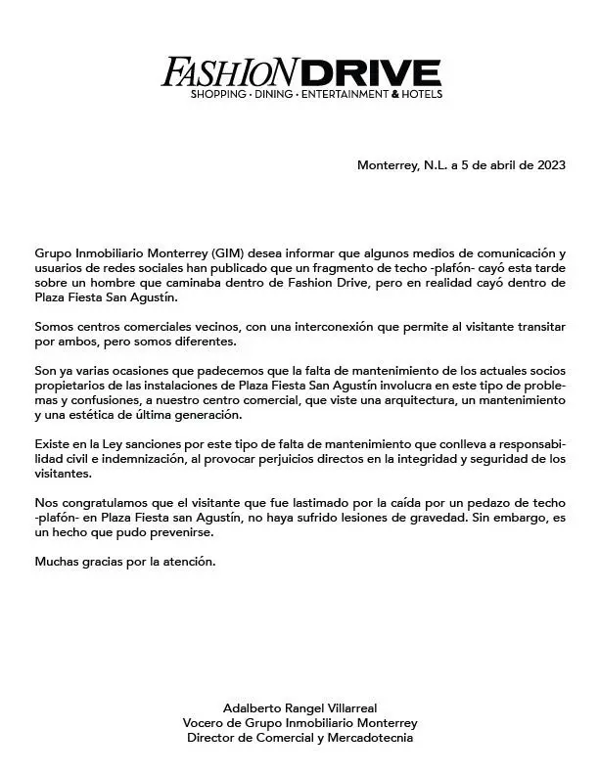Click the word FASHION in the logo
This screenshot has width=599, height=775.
pyautogui.click(x=230, y=72)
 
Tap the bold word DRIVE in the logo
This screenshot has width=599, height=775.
pyautogui.click(x=370, y=72)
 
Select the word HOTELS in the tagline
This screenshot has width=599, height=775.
pyautogui.click(x=422, y=94)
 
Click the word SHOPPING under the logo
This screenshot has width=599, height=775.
pyautogui.click(x=219, y=94)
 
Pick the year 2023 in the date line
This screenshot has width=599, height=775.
pyautogui.click(x=548, y=165)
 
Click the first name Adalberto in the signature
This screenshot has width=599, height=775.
pyautogui.click(x=253, y=707)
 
